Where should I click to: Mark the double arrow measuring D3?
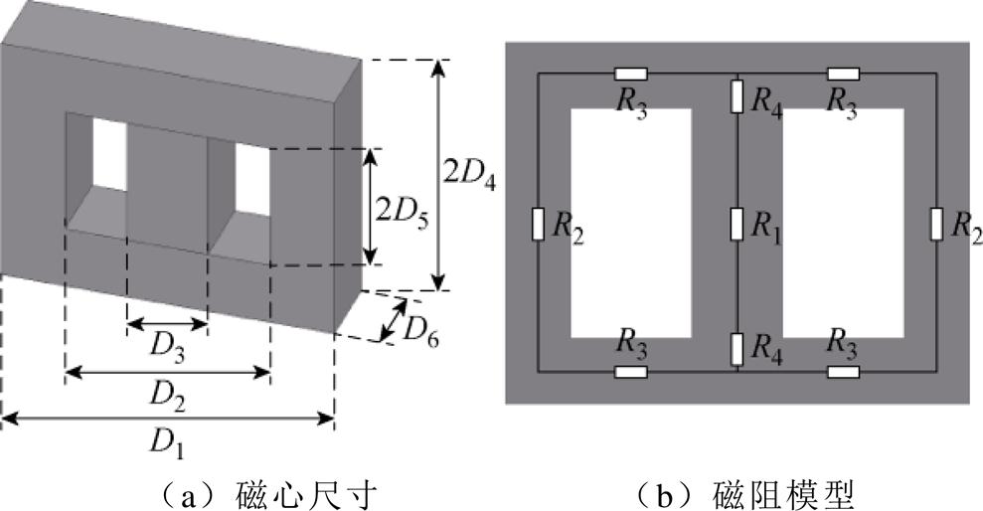pyautogui.click(x=167, y=324)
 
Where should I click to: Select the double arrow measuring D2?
pyautogui.click(x=167, y=373)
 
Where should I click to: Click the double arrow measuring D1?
pyautogui.click(x=167, y=423)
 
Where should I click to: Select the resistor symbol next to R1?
pyautogui.click(x=737, y=224)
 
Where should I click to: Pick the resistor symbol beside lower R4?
pyautogui.click(x=737, y=349)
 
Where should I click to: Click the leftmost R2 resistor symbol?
pyautogui.click(x=538, y=225)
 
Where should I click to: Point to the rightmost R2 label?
pyautogui.click(x=965, y=227)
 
